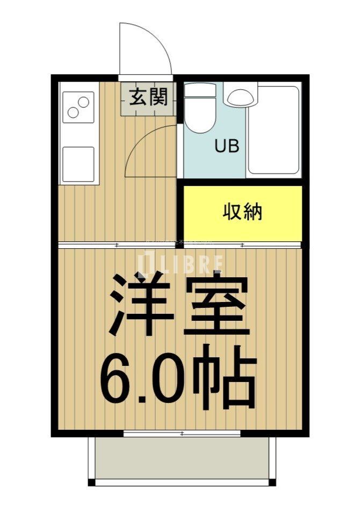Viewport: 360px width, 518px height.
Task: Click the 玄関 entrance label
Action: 148,98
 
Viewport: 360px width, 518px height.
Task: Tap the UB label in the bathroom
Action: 227,146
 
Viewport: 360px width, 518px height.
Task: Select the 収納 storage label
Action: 243,212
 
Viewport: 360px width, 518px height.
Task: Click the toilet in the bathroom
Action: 200,116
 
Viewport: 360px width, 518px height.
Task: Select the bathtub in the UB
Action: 273,129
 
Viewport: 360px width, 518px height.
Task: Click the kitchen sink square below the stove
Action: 78,163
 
